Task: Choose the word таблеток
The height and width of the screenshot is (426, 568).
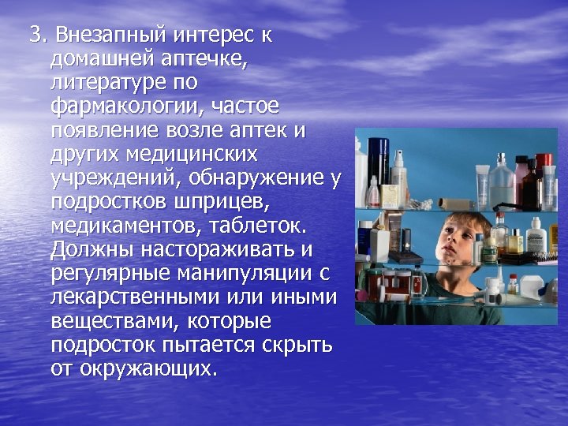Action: pos(260,225)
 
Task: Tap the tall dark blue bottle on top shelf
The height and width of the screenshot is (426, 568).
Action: pos(379,162)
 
